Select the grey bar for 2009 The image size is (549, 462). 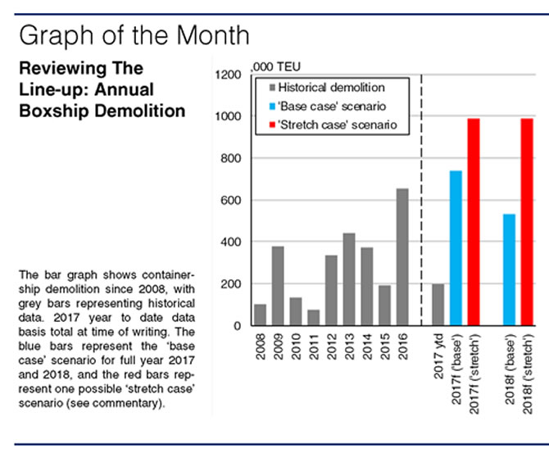click(278, 286)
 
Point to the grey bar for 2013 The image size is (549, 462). click(349, 279)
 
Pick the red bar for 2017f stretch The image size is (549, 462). click(474, 222)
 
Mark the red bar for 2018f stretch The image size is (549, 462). click(527, 222)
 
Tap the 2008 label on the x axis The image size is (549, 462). click(261, 349)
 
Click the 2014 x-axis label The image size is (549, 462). click(367, 349)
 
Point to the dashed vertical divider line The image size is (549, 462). click(421, 205)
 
